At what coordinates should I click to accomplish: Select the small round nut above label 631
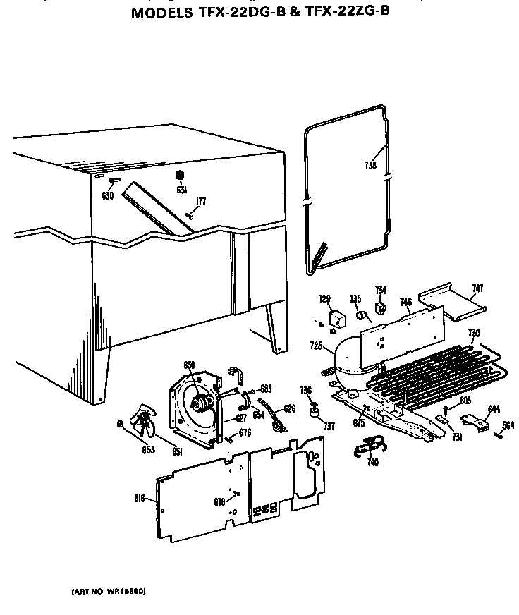pos(179,175)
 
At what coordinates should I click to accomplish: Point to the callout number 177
pos(201,202)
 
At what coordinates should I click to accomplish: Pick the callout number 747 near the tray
pos(477,288)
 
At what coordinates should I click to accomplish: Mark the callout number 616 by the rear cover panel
pos(139,499)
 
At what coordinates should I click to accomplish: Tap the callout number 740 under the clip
pos(372,462)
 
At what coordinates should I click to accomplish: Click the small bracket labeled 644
pos(482,425)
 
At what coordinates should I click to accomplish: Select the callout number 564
pos(508,425)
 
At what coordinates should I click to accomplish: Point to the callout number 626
pos(289,408)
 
